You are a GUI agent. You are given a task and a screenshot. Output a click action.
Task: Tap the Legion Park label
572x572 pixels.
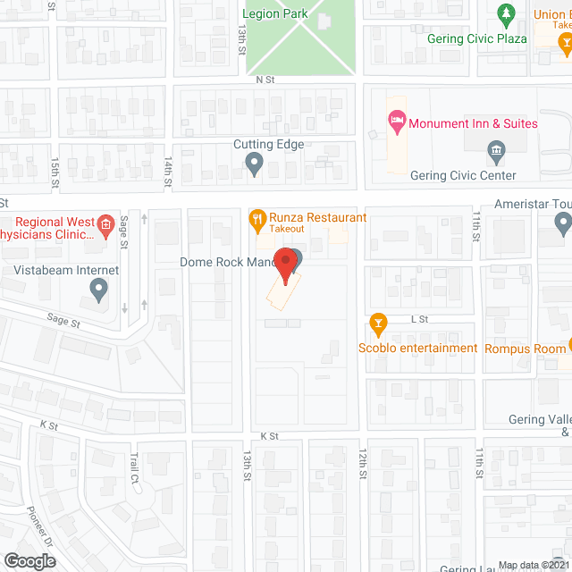(274, 13)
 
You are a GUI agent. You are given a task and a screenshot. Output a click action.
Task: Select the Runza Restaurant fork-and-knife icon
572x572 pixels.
(257, 217)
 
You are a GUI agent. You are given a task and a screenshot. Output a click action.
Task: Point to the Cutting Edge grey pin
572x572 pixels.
(254, 164)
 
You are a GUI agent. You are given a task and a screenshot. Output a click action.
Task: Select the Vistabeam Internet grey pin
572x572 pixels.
(99, 288)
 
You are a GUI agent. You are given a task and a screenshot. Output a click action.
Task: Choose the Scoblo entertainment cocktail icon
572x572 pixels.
(378, 323)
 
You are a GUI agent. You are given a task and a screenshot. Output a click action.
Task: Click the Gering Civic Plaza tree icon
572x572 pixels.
(506, 13)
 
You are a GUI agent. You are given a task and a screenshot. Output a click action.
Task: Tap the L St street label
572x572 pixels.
(419, 319)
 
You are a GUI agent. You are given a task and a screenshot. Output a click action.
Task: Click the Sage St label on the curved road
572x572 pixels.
(64, 317)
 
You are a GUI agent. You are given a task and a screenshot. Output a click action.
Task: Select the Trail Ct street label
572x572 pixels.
(134, 466)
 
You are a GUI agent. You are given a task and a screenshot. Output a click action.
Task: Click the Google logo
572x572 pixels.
(29, 560)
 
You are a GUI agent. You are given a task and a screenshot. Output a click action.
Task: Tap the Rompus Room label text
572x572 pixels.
(524, 348)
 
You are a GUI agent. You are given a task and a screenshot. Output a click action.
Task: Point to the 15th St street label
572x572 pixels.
(55, 170)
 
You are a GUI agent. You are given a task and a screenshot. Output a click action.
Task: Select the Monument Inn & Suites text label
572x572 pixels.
(473, 122)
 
